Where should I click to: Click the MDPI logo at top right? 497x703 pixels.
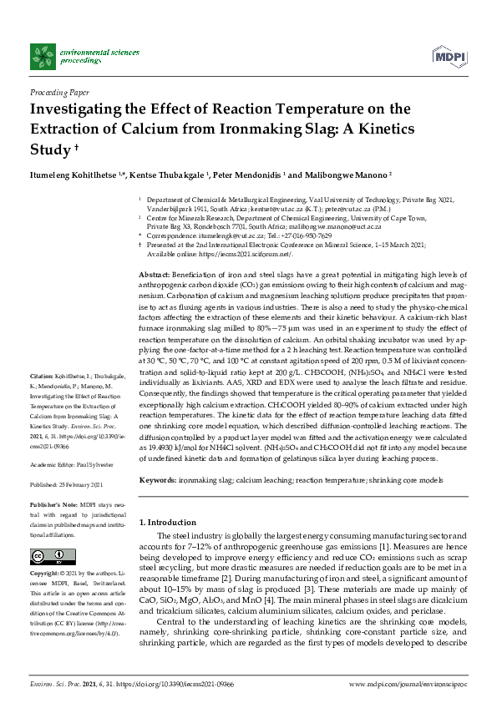[449, 56]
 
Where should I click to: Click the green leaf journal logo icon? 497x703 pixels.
[43, 56]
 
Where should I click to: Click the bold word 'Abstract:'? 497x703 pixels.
[155, 275]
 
